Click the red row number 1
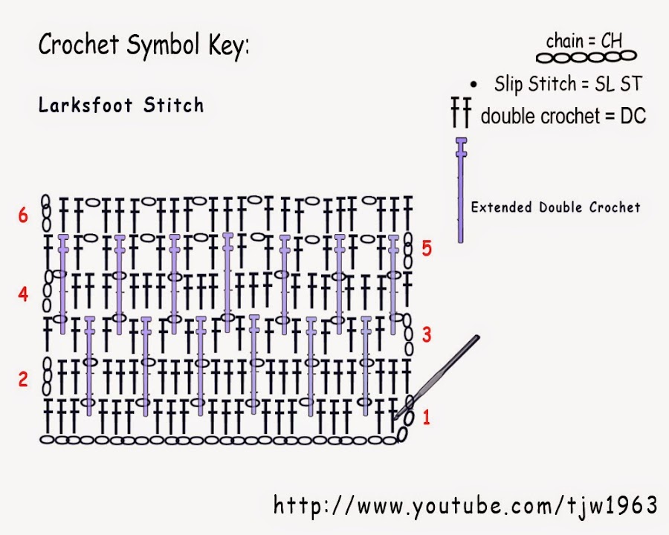click(427, 418)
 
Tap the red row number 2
click(23, 380)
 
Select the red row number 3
click(427, 335)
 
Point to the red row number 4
click(23, 295)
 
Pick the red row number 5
click(427, 249)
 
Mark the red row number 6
click(23, 215)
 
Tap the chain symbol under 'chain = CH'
click(587, 56)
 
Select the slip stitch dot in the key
click(474, 85)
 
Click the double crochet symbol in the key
click(461, 114)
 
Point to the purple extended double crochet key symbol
click(462, 190)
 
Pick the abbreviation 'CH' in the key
click(612, 40)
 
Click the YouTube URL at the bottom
click(465, 506)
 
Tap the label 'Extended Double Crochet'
click(555, 207)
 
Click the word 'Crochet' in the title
click(80, 46)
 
